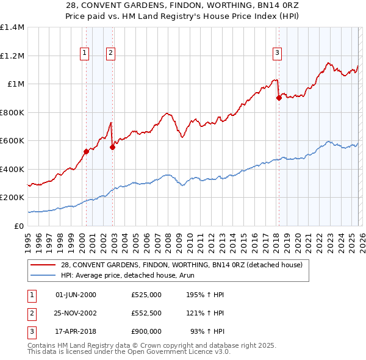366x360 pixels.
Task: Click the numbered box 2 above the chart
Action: pos(110,54)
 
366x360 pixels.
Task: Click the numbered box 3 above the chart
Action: pos(277,54)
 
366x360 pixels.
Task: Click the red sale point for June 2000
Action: pos(86,151)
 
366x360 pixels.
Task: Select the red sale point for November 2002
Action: pos(113,147)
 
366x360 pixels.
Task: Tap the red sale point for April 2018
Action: pos(279,98)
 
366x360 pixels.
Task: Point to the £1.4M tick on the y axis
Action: pos(12,27)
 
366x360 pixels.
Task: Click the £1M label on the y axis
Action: pos(16,84)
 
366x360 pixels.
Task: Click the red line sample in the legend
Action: pos(44,265)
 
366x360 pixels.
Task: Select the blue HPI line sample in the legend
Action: pos(44,275)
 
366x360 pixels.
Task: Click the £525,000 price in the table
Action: pos(146,295)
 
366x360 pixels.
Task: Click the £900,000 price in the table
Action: pos(146,331)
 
